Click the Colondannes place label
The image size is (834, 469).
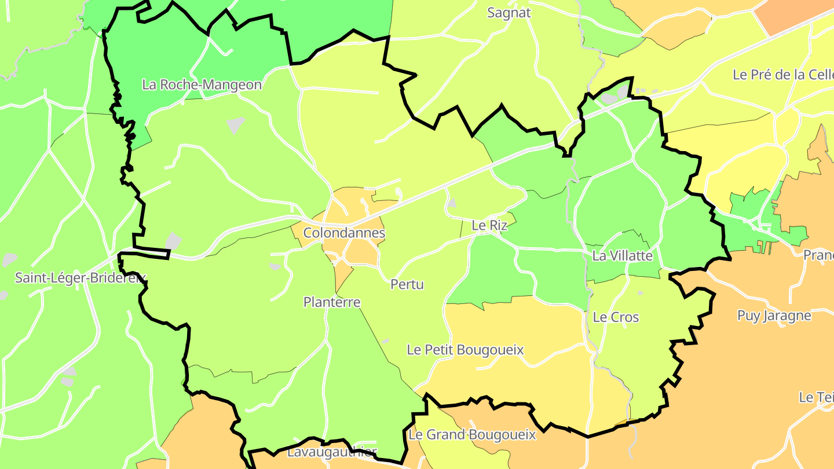click(344, 233)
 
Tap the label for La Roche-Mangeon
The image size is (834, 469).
click(202, 85)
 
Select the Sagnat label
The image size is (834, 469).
click(509, 13)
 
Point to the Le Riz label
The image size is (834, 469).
click(489, 225)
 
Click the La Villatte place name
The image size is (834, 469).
click(622, 255)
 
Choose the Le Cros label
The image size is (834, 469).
click(616, 317)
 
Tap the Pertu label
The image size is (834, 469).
click(407, 284)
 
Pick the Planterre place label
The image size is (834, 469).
click(332, 302)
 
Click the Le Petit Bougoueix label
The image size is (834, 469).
click(465, 350)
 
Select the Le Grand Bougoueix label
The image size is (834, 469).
click(472, 434)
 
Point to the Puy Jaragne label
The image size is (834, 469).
click(774, 316)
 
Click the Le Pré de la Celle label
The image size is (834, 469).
click(782, 75)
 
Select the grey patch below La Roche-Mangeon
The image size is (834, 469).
click(235, 124)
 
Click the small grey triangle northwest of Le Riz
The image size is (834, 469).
click(452, 203)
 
